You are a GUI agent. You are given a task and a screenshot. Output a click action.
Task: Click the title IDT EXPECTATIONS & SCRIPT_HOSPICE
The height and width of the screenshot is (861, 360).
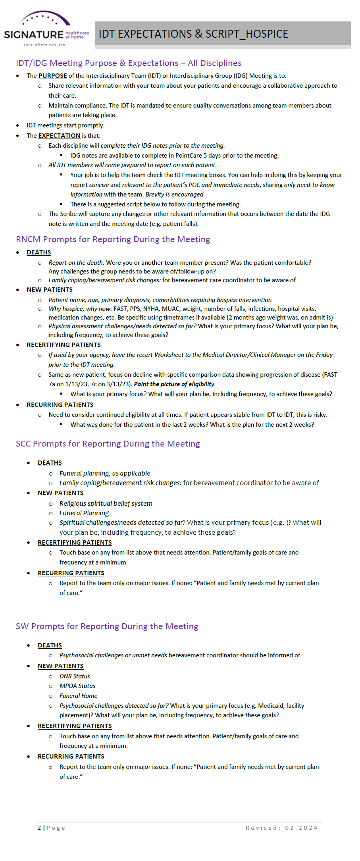[x=193, y=34]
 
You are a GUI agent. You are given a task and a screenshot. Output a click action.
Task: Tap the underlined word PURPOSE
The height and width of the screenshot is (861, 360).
[x=52, y=76]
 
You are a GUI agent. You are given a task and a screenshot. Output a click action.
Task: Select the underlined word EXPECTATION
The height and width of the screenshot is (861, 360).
[x=59, y=136]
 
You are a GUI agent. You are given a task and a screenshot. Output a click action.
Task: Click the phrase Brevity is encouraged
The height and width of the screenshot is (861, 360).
[x=175, y=195]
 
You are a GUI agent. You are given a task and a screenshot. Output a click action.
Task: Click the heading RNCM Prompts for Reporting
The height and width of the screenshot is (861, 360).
[x=113, y=239]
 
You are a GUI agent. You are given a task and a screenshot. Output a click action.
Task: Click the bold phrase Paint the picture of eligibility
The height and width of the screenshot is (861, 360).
[x=175, y=384]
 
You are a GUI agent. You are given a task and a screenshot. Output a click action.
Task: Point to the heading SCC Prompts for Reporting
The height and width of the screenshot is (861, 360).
[x=108, y=444]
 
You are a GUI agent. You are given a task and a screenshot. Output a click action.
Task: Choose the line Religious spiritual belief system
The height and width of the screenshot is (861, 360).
[x=106, y=503]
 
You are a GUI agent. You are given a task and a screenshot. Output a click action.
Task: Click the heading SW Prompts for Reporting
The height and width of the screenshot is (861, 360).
[x=107, y=626]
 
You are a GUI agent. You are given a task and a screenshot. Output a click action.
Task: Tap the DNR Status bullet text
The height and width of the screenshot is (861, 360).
[x=75, y=676]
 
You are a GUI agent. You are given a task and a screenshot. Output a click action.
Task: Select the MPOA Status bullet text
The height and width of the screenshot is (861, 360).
[x=77, y=686]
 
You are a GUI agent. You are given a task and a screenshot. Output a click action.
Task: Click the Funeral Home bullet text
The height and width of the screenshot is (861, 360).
[x=78, y=696]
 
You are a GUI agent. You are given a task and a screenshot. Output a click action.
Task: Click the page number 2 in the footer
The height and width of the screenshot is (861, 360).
[x=39, y=828]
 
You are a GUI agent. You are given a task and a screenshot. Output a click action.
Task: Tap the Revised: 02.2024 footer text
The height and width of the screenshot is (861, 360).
[x=281, y=828]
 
